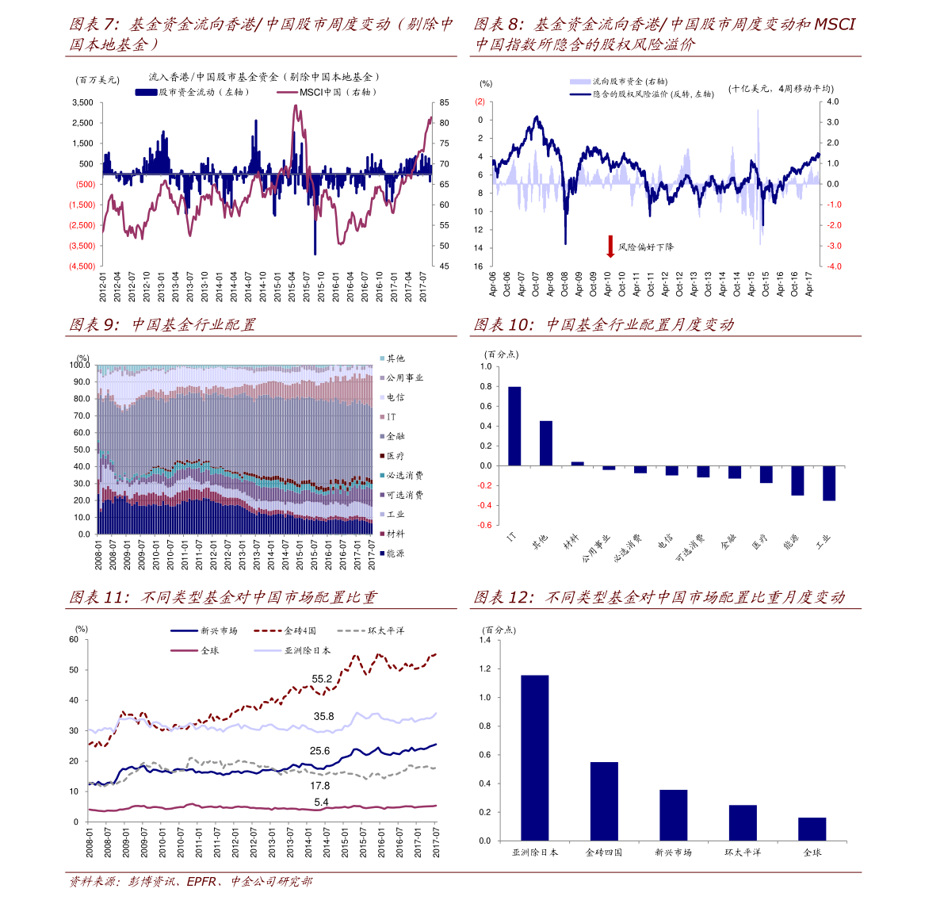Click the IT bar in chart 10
pyautogui.click(x=514, y=426)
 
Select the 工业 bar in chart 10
pyautogui.click(x=829, y=483)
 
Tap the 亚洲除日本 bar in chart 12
pyautogui.click(x=535, y=757)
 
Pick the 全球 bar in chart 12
pyautogui.click(x=812, y=829)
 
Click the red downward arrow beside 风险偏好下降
pyautogui.click(x=610, y=246)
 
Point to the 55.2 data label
pyautogui.click(x=322, y=679)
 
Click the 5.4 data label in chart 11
pyautogui.click(x=321, y=802)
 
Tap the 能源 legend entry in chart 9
pyautogui.click(x=396, y=554)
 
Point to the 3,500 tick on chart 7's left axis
pyautogui.click(x=82, y=103)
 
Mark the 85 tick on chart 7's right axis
pyautogui.click(x=445, y=103)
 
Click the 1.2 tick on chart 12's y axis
pyautogui.click(x=485, y=669)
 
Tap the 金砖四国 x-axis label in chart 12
pyautogui.click(x=604, y=852)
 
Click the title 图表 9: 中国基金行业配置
pyautogui.click(x=162, y=325)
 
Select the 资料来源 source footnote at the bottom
pyautogui.click(x=190, y=882)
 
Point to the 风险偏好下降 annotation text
pyautogui.click(x=646, y=247)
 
